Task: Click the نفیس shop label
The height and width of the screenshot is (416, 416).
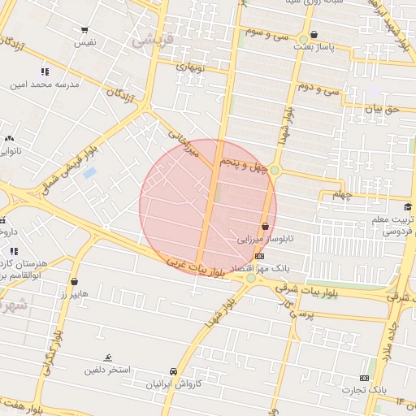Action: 85,41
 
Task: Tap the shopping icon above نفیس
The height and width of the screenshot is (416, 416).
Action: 85,31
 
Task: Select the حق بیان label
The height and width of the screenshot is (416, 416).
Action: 383,107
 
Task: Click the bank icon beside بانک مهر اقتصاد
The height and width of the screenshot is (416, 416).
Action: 259,257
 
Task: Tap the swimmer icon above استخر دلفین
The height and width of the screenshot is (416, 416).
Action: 109,358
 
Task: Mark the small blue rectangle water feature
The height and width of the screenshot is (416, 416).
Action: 89,173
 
